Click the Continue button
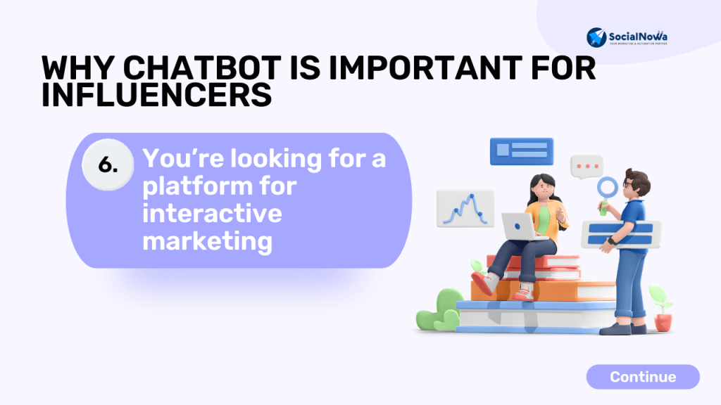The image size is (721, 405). point(643,377)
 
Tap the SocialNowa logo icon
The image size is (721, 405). point(596,37)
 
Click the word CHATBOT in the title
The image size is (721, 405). point(202,68)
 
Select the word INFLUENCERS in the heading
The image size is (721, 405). point(157,95)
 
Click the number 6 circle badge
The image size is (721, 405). point(108,165)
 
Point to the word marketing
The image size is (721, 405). point(208,241)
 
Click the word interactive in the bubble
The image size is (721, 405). point(212,214)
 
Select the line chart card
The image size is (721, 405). point(465,208)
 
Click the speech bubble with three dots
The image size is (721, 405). point(587,167)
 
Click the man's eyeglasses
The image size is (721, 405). point(628,184)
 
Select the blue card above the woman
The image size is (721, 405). point(522,151)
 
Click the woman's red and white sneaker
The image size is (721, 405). point(483,283)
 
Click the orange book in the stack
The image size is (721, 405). point(543,291)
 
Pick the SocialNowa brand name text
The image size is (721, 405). point(638,37)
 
